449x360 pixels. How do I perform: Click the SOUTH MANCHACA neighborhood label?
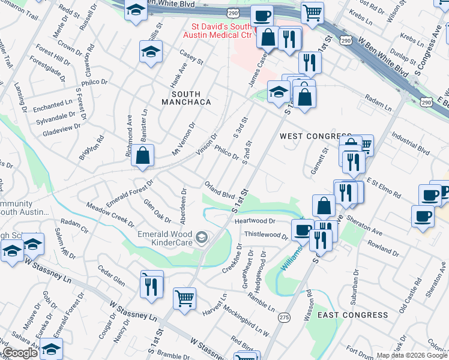[191, 98]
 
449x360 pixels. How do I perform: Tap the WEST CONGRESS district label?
[315, 137]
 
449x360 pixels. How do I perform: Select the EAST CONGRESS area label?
[352, 315]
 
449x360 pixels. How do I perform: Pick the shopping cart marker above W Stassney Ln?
[184, 298]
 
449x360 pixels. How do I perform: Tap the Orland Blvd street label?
[219, 191]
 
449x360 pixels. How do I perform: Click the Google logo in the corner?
[19, 353]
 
